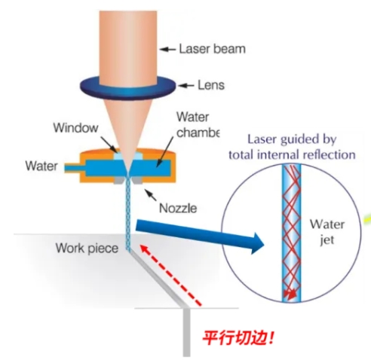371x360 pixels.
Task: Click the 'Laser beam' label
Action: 212,49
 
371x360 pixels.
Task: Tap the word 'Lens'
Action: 211,85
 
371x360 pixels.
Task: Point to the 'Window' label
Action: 75,128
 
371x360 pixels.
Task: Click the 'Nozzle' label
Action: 178,208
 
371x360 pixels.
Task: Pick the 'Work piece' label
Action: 87,249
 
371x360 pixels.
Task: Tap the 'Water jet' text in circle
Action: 327,232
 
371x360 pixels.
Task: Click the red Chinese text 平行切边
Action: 238,338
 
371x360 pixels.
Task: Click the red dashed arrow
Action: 170,275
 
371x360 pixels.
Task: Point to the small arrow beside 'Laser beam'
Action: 168,49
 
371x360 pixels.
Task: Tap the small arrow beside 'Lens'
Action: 186,86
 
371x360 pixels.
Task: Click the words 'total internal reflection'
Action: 292,154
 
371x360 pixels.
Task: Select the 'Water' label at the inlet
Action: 41,166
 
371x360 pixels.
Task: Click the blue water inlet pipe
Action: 75,168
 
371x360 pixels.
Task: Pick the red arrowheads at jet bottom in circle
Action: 290,294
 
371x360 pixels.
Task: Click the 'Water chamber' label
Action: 198,125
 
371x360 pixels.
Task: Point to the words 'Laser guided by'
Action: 292,139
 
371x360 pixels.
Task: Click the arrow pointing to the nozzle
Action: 151,195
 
